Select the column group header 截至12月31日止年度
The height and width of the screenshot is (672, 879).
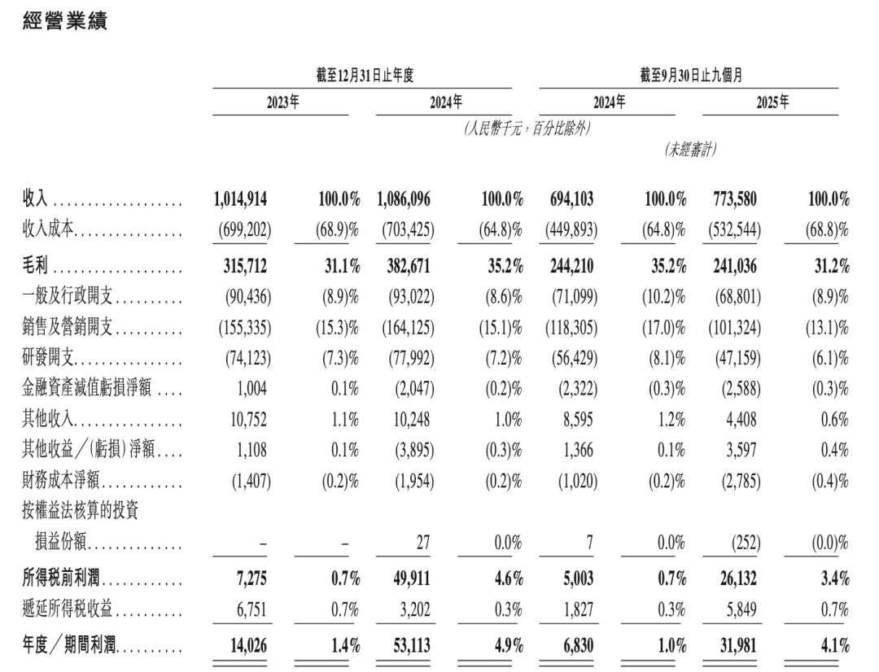(x=365, y=76)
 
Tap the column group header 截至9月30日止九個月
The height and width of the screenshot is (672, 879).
(x=691, y=76)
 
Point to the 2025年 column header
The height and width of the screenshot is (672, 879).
(x=772, y=103)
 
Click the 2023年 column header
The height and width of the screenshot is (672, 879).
(x=284, y=103)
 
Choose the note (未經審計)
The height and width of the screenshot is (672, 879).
(x=691, y=150)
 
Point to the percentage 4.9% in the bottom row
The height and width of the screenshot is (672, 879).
(x=505, y=647)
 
